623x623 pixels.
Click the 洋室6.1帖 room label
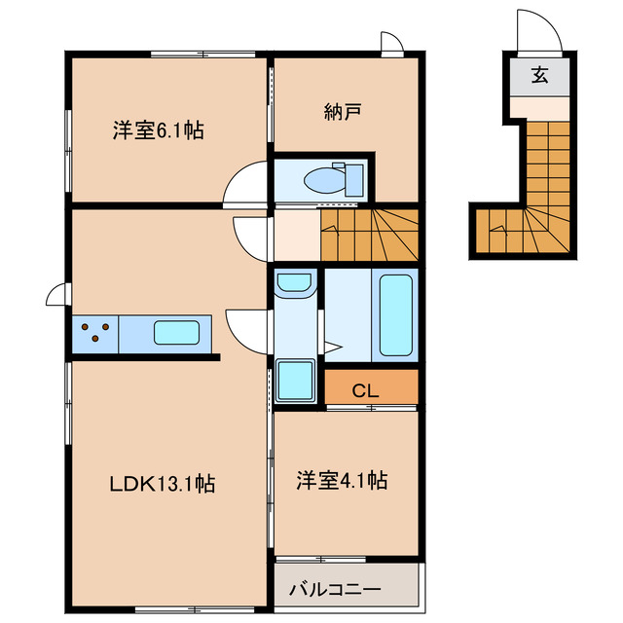tap(158, 129)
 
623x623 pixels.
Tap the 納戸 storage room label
tap(343, 112)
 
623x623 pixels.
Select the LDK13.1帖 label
tap(162, 481)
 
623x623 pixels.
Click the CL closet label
tap(365, 391)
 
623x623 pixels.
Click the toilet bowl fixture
tap(322, 180)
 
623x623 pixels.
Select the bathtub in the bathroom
tap(395, 314)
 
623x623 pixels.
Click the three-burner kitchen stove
tap(94, 334)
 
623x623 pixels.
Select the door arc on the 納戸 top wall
tap(390, 44)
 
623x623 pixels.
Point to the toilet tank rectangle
tap(353, 180)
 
